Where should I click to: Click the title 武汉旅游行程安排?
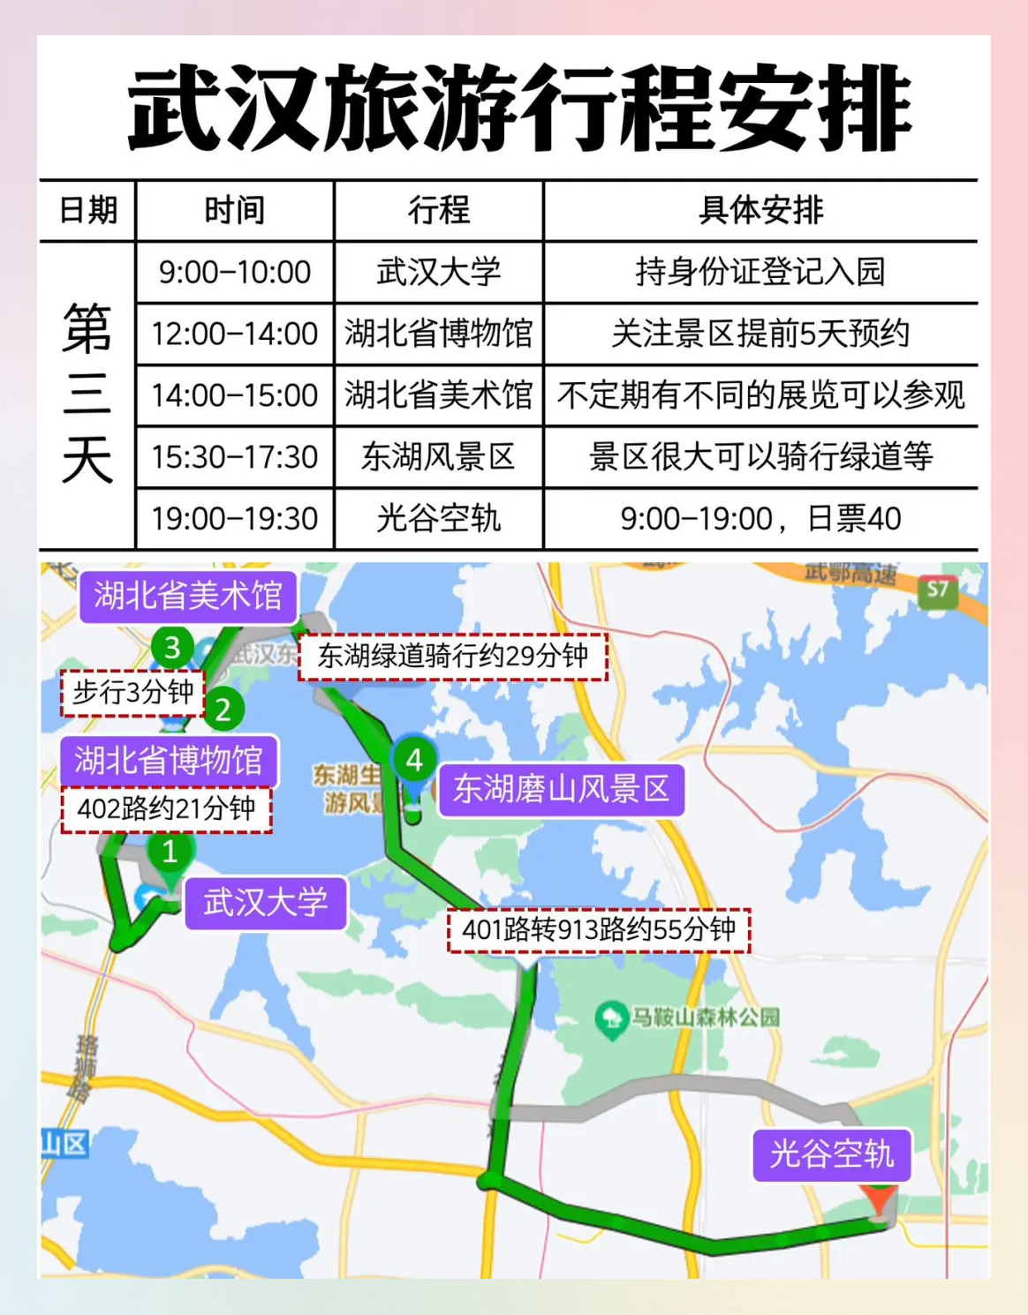tap(519, 109)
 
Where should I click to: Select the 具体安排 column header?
tap(760, 210)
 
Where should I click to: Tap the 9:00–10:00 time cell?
tap(235, 272)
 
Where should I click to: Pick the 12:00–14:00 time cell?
tap(235, 334)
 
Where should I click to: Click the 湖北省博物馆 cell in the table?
tap(438, 334)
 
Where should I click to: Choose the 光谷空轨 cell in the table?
tap(438, 518)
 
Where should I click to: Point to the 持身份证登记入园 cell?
tap(760, 272)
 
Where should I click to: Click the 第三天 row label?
tap(87, 394)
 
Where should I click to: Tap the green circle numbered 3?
tap(172, 648)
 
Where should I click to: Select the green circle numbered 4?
tap(414, 760)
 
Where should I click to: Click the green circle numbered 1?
tap(170, 852)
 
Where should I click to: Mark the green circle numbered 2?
tap(223, 709)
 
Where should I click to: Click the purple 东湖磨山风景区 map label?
tap(561, 788)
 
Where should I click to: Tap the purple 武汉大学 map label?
tap(265, 902)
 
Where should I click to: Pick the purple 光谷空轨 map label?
tap(831, 1154)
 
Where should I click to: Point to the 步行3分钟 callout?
tap(132, 692)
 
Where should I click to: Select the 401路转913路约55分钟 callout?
tap(599, 929)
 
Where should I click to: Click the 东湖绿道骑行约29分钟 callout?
tap(453, 656)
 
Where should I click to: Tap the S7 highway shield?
tap(938, 590)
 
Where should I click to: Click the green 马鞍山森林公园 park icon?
tap(610, 1018)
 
